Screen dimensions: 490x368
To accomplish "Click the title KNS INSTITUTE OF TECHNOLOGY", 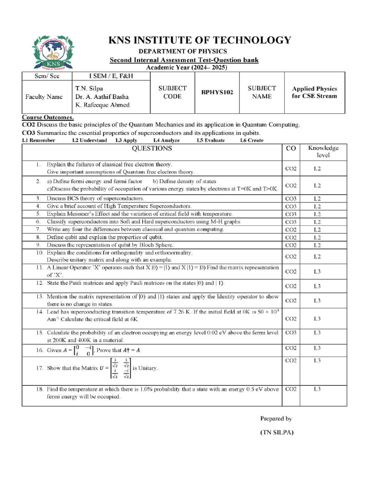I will tap(200, 40).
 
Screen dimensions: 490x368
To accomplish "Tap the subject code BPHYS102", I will tap(217, 92).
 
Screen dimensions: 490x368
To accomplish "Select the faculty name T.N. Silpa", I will tap(89, 89).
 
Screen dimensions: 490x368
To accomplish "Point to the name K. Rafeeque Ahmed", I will tap(102, 105).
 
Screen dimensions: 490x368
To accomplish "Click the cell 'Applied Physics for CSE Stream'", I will tap(314, 92).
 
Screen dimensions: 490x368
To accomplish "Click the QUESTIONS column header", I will tap(151, 149).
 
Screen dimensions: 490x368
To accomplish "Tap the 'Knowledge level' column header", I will tap(323, 152).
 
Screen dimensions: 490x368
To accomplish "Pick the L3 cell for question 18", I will tap(317, 389).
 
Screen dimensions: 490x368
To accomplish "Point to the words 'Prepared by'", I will tap(276, 418).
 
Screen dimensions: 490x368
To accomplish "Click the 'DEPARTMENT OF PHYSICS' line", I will tap(183, 51).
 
